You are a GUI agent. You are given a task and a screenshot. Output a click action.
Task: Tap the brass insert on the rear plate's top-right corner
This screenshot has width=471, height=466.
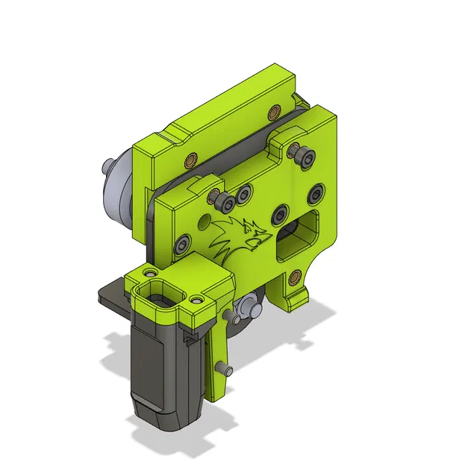click(272, 112)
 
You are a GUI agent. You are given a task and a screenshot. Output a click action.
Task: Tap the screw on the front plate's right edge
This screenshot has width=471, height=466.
click(319, 194)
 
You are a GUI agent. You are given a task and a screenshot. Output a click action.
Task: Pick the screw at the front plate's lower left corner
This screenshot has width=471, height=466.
click(182, 245)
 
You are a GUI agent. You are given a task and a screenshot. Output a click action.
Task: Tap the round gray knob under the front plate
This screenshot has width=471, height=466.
click(248, 306)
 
